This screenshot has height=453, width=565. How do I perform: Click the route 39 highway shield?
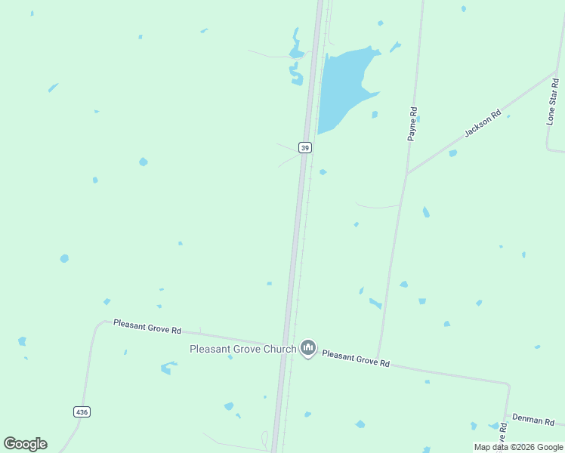pos(304,148)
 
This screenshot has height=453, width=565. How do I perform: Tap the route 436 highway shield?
pos(82,411)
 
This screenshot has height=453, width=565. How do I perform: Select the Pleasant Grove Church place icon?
pos(307,348)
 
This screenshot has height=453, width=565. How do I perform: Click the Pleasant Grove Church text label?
pos(242,349)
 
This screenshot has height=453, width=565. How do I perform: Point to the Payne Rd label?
pos(412,123)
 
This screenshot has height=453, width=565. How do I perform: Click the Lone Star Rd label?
pos(551,106)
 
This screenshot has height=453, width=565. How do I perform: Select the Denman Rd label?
pos(534,419)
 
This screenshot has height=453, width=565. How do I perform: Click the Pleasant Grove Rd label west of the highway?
pos(147,327)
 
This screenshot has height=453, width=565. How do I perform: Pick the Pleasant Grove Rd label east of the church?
pos(356,358)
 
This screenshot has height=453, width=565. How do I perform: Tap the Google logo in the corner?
pos(26,444)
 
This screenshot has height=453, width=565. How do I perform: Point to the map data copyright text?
pos(519,447)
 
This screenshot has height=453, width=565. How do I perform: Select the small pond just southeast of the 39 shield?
pos(323,172)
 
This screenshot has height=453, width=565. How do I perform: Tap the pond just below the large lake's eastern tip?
pos(374,115)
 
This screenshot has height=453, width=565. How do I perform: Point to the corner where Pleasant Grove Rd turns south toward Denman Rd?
pos(509,385)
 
